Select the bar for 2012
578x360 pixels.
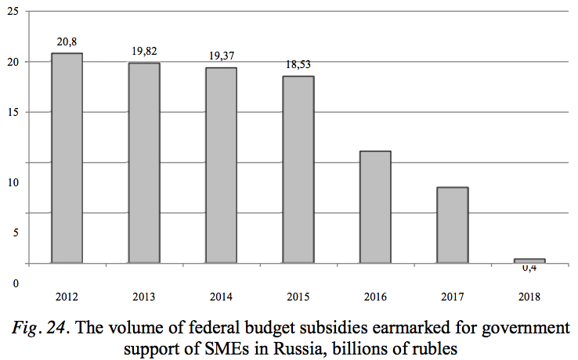(x=67, y=157)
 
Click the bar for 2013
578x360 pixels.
(x=144, y=162)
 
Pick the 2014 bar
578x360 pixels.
(x=221, y=164)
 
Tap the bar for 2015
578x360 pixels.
(x=298, y=169)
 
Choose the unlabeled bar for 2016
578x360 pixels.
(x=375, y=207)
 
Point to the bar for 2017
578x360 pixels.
(x=453, y=225)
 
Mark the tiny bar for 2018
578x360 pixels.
(x=529, y=261)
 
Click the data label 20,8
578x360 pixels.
(x=67, y=41)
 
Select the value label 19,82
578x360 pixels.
(x=144, y=51)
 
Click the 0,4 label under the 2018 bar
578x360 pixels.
(x=529, y=268)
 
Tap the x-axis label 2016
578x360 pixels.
(x=375, y=297)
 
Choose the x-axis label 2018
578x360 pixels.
(x=529, y=297)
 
